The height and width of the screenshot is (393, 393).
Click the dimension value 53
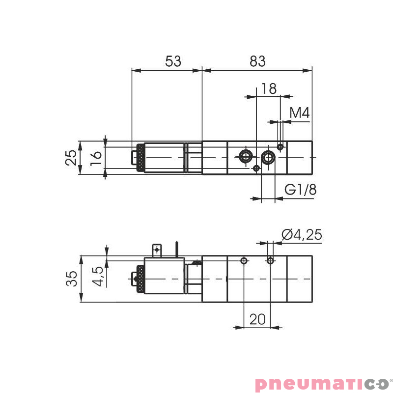click(x=173, y=61)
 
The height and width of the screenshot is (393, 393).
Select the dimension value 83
click(x=257, y=61)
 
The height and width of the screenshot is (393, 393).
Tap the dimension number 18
click(x=269, y=88)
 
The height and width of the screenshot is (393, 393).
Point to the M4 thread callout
click(x=299, y=114)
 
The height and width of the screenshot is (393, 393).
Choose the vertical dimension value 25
click(x=72, y=157)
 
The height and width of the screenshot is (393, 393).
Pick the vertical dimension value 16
click(x=96, y=157)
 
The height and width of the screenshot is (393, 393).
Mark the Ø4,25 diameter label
click(x=302, y=235)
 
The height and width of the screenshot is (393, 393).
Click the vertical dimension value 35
click(x=72, y=279)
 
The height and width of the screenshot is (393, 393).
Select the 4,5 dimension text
click(x=97, y=276)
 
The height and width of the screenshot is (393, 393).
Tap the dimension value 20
click(x=257, y=319)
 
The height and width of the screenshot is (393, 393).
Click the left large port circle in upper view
click(x=245, y=157)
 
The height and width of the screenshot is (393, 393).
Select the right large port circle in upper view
click(x=268, y=157)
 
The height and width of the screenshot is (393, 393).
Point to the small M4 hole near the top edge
click(x=280, y=146)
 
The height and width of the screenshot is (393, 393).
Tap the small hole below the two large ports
click(x=256, y=168)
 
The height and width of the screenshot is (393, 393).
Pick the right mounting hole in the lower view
click(x=269, y=260)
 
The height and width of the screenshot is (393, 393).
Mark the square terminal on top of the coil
click(x=157, y=250)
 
